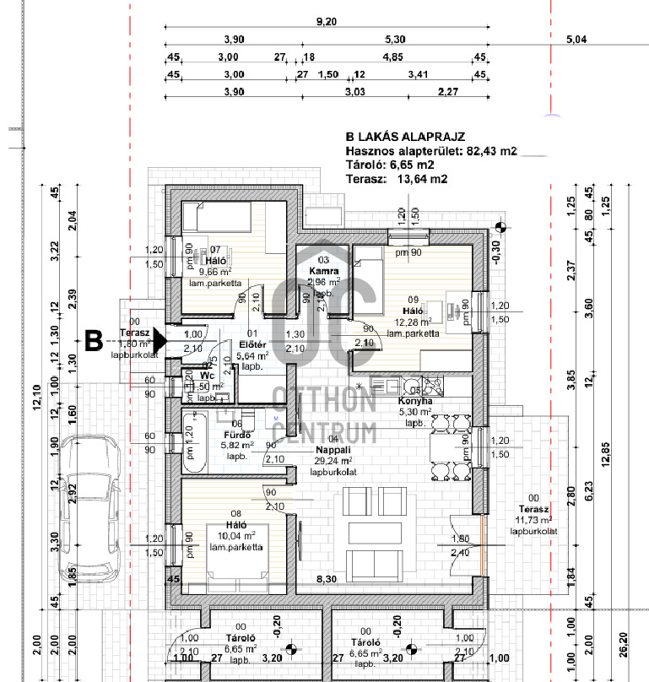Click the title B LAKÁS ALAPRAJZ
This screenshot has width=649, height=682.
(405, 136)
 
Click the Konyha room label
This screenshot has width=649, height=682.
(415, 401)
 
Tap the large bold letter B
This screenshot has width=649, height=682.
(95, 342)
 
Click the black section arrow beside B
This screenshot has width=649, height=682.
(160, 342)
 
